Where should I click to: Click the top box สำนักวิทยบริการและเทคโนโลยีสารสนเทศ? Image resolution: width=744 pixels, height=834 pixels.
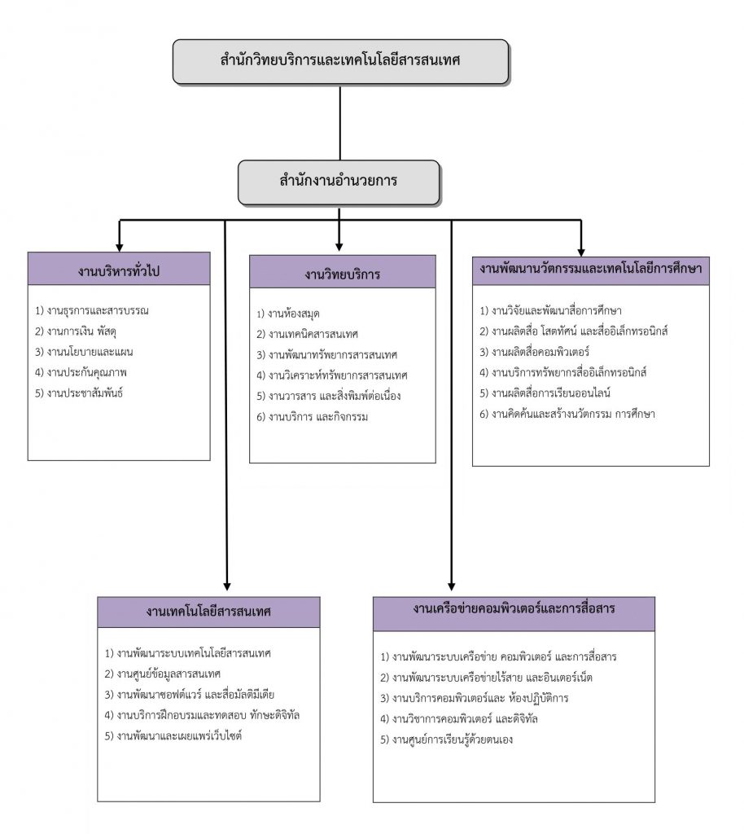(x=340, y=61)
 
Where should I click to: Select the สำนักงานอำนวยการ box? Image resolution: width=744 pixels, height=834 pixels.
(x=339, y=182)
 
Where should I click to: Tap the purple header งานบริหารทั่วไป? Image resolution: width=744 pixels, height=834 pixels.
(x=119, y=269)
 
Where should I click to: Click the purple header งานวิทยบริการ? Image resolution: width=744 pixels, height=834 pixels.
(x=343, y=272)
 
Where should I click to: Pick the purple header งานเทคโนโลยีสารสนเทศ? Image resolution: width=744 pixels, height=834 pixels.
(x=209, y=612)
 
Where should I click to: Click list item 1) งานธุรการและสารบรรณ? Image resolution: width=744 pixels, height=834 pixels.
(x=92, y=310)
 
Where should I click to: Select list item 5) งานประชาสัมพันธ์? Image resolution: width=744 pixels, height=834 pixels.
(x=79, y=393)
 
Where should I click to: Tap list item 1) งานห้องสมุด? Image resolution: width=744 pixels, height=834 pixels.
(x=288, y=314)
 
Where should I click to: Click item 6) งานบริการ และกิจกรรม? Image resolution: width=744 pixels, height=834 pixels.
(x=313, y=417)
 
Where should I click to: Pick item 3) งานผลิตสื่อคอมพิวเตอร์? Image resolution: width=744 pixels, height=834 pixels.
(x=535, y=352)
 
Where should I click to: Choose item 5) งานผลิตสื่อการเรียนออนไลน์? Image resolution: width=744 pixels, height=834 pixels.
(x=545, y=393)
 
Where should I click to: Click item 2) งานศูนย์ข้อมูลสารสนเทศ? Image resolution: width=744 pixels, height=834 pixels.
(x=163, y=674)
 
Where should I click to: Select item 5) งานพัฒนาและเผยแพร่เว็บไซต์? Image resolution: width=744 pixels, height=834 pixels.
(x=173, y=736)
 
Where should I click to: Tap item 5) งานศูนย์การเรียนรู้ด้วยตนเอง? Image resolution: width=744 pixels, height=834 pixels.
(x=447, y=740)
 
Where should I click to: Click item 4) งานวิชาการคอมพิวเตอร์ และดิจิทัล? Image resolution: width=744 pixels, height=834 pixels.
(x=459, y=719)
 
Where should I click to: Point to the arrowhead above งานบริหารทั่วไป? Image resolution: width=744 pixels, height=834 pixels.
(x=120, y=248)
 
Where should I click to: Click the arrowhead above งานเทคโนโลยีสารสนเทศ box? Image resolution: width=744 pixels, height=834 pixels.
(x=227, y=586)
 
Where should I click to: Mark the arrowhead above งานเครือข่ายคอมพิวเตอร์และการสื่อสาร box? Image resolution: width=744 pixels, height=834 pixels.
(x=452, y=586)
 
